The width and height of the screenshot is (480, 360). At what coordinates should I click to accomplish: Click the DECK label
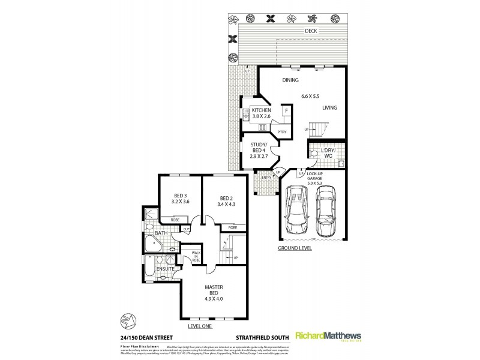[310, 31]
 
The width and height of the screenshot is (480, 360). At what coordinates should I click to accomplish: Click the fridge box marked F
[287, 112]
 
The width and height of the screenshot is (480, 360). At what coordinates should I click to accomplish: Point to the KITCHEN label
[262, 110]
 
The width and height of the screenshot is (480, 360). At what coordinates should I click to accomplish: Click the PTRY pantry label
[281, 131]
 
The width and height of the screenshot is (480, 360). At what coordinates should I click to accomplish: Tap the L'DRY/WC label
[328, 153]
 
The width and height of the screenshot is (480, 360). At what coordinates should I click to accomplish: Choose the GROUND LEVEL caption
[294, 248]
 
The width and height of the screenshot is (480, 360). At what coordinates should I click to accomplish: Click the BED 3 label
[181, 199]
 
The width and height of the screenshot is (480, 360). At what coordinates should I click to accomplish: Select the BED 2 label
[226, 202]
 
